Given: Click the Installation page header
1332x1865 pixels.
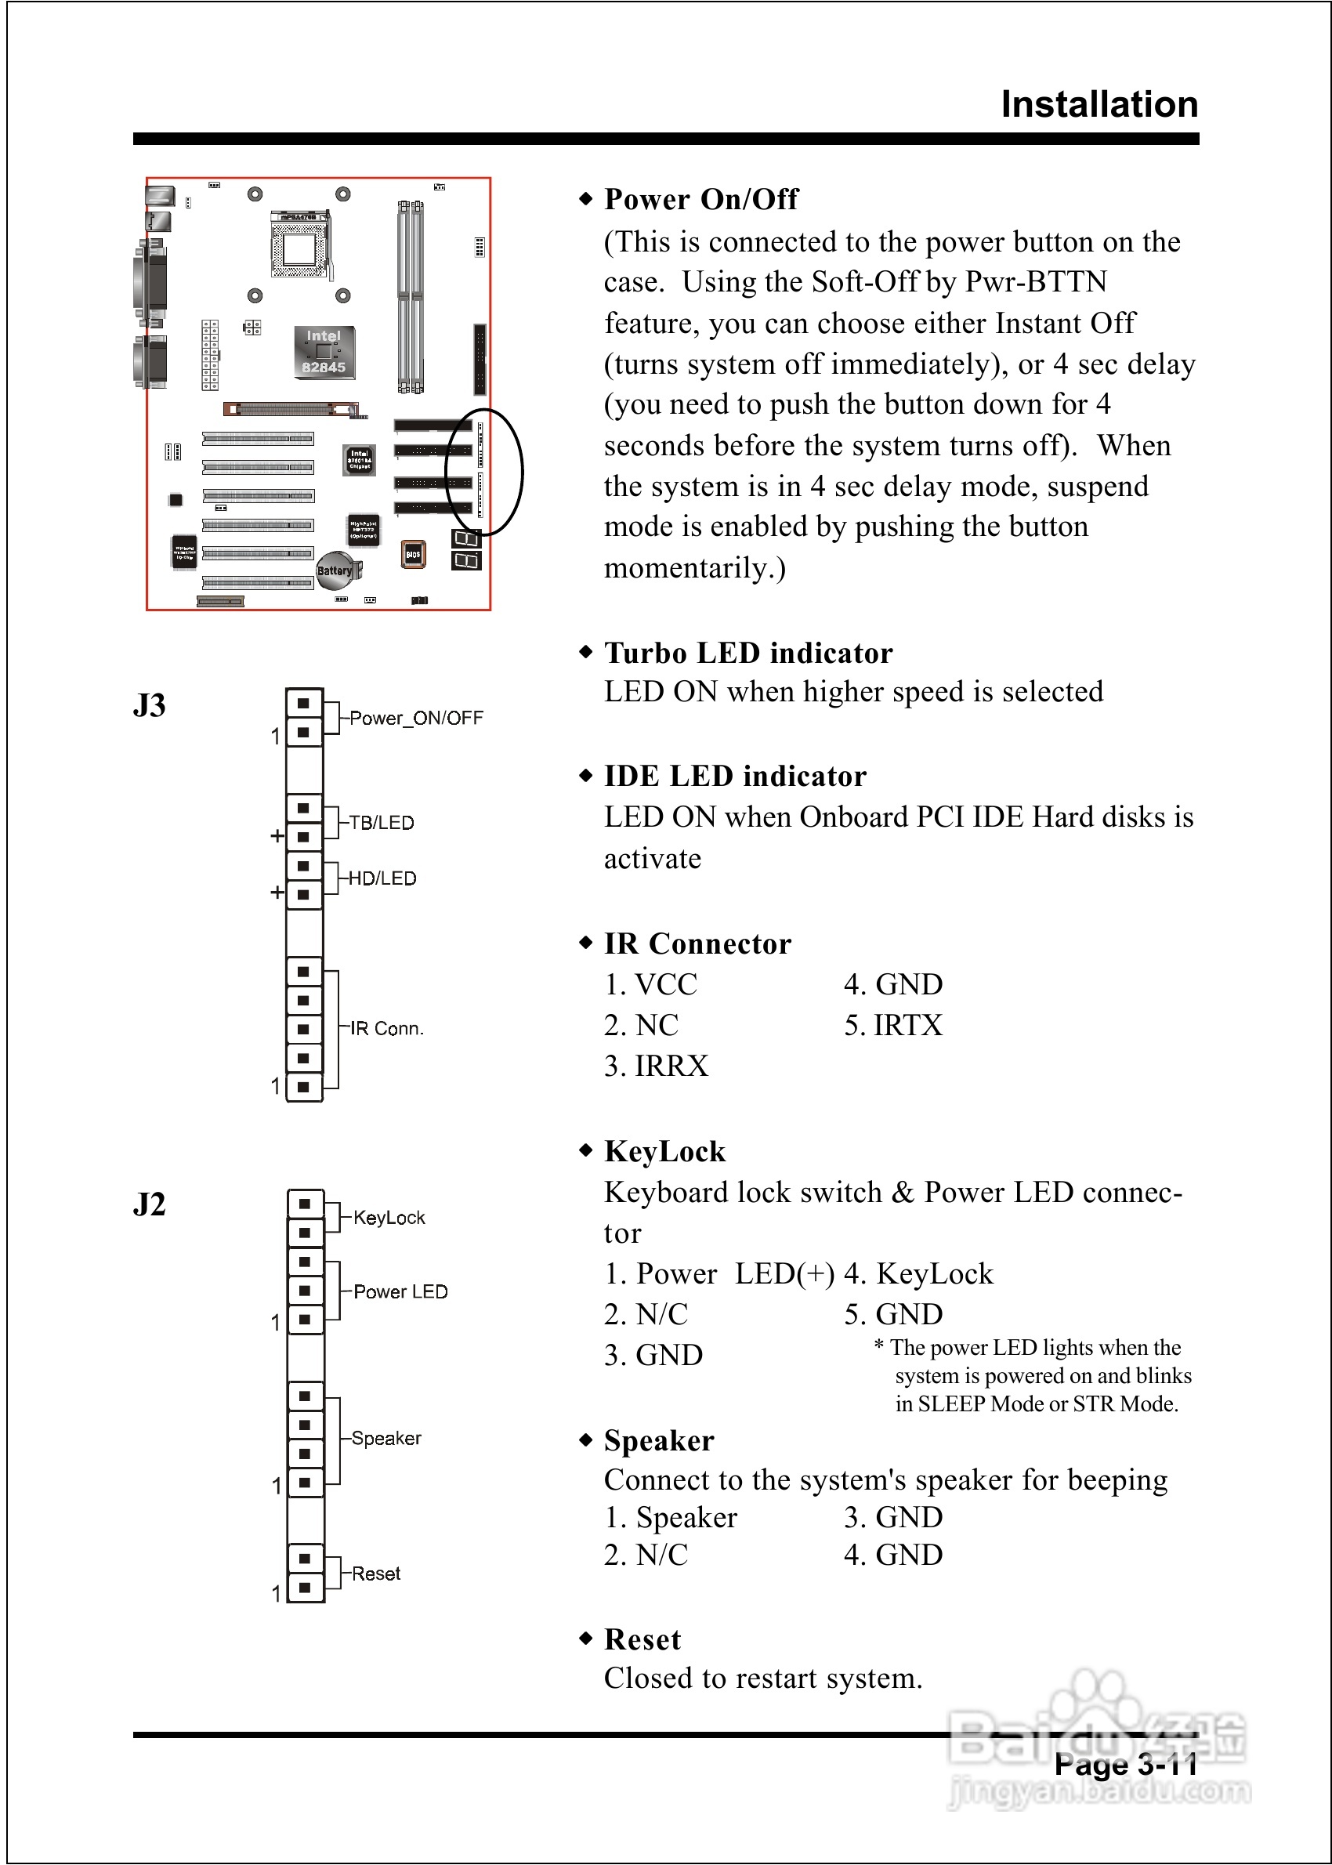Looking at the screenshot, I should point(1099,104).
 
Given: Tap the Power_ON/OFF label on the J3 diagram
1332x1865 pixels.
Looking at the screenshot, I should point(416,718).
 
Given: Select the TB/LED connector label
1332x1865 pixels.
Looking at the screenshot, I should point(382,823).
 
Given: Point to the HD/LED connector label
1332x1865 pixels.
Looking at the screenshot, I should point(382,878).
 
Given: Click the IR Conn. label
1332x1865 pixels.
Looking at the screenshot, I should point(386,1028).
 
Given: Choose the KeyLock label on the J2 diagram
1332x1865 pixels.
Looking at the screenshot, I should point(389,1218).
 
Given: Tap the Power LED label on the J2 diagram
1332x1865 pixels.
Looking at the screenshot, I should point(400,1291).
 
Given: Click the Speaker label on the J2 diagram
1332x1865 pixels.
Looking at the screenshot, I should point(386,1438).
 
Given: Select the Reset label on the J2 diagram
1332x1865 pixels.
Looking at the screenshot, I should point(375,1573).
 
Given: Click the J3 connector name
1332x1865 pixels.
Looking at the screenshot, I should point(150,705).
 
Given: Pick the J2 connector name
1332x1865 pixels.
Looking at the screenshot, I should point(150,1204).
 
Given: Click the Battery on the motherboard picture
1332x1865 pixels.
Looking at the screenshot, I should point(335,570).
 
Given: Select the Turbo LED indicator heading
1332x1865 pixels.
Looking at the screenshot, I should point(748,653).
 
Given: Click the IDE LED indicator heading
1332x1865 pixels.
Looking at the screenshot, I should point(735,776).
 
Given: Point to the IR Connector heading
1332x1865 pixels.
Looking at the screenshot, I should point(697,943).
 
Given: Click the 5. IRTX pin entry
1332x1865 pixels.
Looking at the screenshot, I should point(893,1025).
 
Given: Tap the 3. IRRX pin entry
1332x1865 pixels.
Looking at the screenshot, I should point(656,1066).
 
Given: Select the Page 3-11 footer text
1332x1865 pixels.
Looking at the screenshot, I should point(1125,1765).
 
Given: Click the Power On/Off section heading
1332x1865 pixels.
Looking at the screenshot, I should point(701,199).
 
